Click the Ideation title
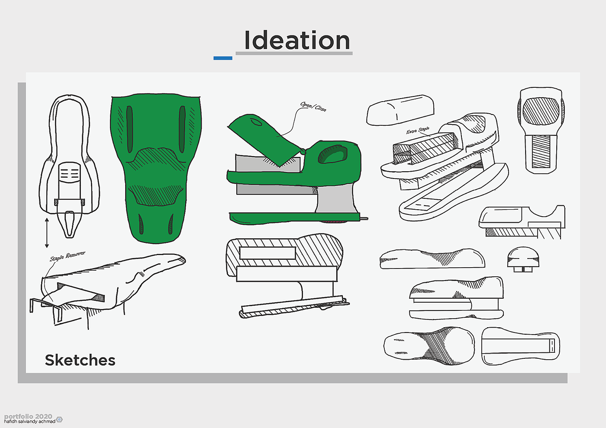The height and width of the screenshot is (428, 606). tap(297, 40)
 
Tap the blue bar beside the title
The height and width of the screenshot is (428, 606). tap(223, 58)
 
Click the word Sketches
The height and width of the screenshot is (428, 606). tap(80, 360)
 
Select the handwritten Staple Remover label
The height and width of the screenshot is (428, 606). tap(68, 256)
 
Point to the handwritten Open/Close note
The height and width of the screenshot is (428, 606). tap(313, 106)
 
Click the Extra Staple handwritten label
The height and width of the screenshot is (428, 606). tap(418, 130)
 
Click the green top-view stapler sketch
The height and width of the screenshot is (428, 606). tap(156, 166)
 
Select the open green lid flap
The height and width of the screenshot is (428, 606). tap(264, 138)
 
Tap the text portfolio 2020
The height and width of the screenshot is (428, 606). tap(28, 416)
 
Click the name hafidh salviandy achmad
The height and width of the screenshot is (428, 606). tap(29, 422)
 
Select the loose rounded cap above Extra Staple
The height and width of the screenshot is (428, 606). tap(400, 110)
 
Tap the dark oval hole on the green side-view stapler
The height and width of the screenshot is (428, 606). tap(332, 154)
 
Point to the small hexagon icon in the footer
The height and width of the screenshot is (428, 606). tap(60, 419)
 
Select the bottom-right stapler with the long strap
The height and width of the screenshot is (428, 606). tap(520, 346)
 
